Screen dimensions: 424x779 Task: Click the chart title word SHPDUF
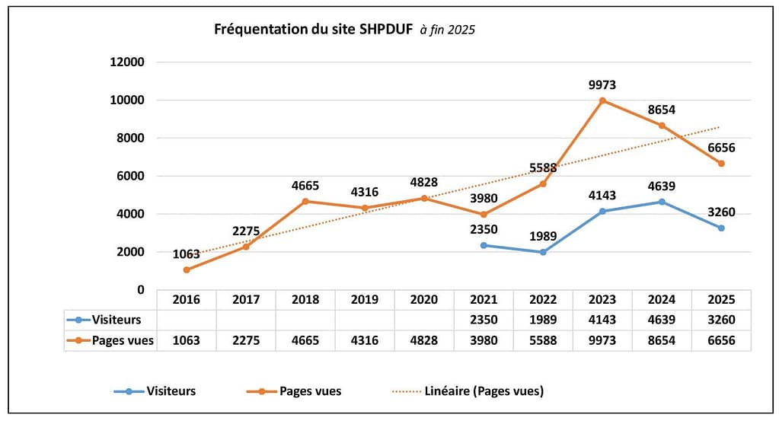[x=386, y=30]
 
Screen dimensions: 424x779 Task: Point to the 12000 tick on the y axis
[x=126, y=62]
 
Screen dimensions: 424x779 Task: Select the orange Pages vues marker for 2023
[x=602, y=100]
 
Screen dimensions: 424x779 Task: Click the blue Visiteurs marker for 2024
[x=662, y=202]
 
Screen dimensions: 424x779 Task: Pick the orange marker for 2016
[x=187, y=269]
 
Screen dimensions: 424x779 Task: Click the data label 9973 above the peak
[x=602, y=85]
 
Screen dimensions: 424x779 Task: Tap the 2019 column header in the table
[x=365, y=300]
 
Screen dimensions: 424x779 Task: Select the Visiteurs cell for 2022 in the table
[x=543, y=320]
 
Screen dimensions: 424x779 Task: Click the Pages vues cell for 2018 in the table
[x=305, y=340]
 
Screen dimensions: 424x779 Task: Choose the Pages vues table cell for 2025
[x=721, y=340]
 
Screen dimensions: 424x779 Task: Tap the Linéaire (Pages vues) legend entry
[x=487, y=391]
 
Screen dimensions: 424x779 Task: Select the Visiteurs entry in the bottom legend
[x=171, y=391]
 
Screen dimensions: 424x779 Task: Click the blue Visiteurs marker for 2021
[x=484, y=245]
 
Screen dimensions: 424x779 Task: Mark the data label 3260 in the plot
[x=720, y=212]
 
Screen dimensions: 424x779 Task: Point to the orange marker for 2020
[x=424, y=198]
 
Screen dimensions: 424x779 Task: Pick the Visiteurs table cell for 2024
[x=662, y=320]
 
